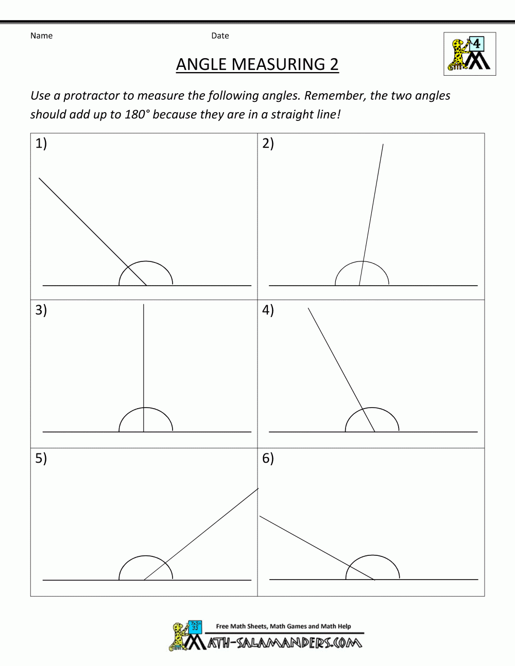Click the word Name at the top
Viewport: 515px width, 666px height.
coord(41,36)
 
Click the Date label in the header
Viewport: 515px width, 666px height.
coord(220,36)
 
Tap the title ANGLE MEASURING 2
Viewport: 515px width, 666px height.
coord(257,64)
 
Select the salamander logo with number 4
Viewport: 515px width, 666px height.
coord(470,54)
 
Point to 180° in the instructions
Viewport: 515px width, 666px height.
coord(136,114)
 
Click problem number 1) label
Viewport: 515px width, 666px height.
coord(41,143)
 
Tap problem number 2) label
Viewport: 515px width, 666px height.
coord(268,143)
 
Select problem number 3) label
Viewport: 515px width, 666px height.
coord(41,310)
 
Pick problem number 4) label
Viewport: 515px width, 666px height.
coord(268,310)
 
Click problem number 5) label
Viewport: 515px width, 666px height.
coord(41,458)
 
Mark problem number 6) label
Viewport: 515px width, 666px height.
coord(268,458)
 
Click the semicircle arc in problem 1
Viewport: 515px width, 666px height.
coord(146,261)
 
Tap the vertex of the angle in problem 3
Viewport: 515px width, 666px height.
coord(144,431)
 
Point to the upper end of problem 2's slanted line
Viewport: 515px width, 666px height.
coord(383,145)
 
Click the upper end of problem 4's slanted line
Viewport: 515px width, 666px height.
coord(308,308)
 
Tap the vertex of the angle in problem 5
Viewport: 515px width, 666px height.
coord(144,580)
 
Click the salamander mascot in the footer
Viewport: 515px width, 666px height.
coord(178,636)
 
